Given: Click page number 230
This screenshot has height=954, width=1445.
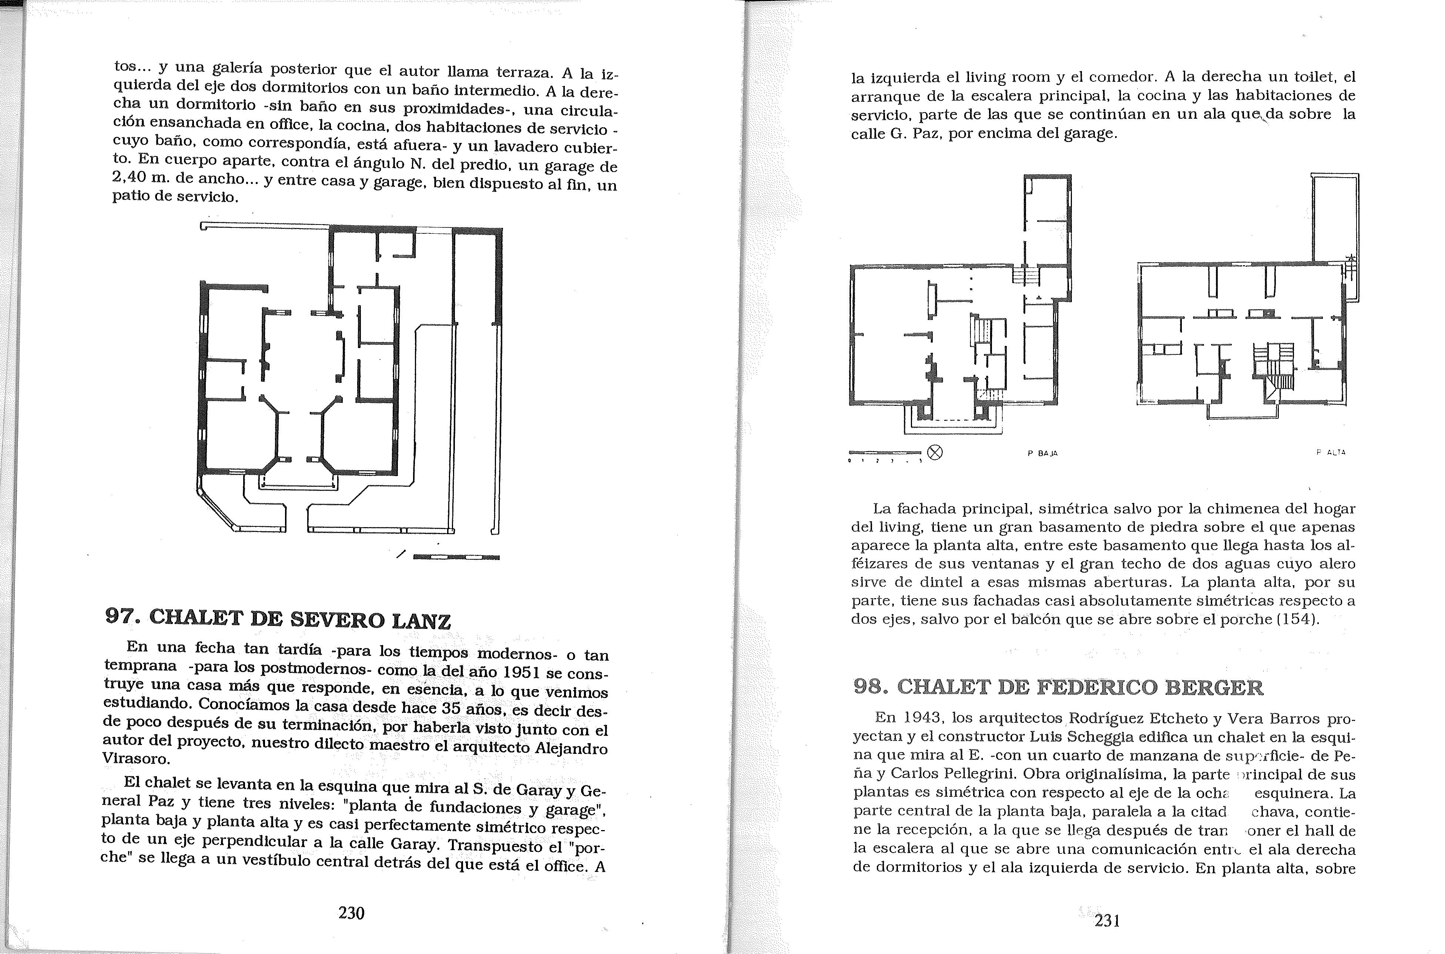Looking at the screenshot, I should pos(351,913).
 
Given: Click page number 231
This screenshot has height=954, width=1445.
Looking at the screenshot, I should pos(1107,921).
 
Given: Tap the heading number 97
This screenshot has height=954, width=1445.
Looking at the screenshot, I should pos(122,616).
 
